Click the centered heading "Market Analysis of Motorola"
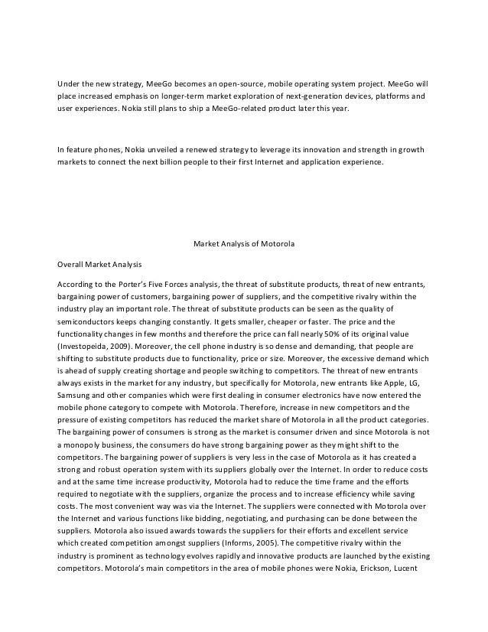[x=243, y=245]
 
